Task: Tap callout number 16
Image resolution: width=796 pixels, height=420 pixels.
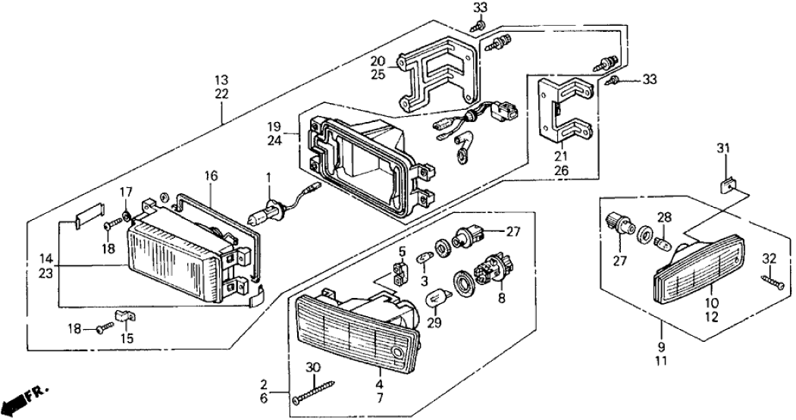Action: pyautogui.click(x=210, y=176)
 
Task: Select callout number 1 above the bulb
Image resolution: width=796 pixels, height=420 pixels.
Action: pyautogui.click(x=266, y=179)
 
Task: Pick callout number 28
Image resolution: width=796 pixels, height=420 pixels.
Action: pyautogui.click(x=664, y=218)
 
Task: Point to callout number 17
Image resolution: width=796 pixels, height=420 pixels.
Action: pyautogui.click(x=127, y=192)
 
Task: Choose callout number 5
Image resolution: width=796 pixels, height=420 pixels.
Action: pyautogui.click(x=403, y=251)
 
